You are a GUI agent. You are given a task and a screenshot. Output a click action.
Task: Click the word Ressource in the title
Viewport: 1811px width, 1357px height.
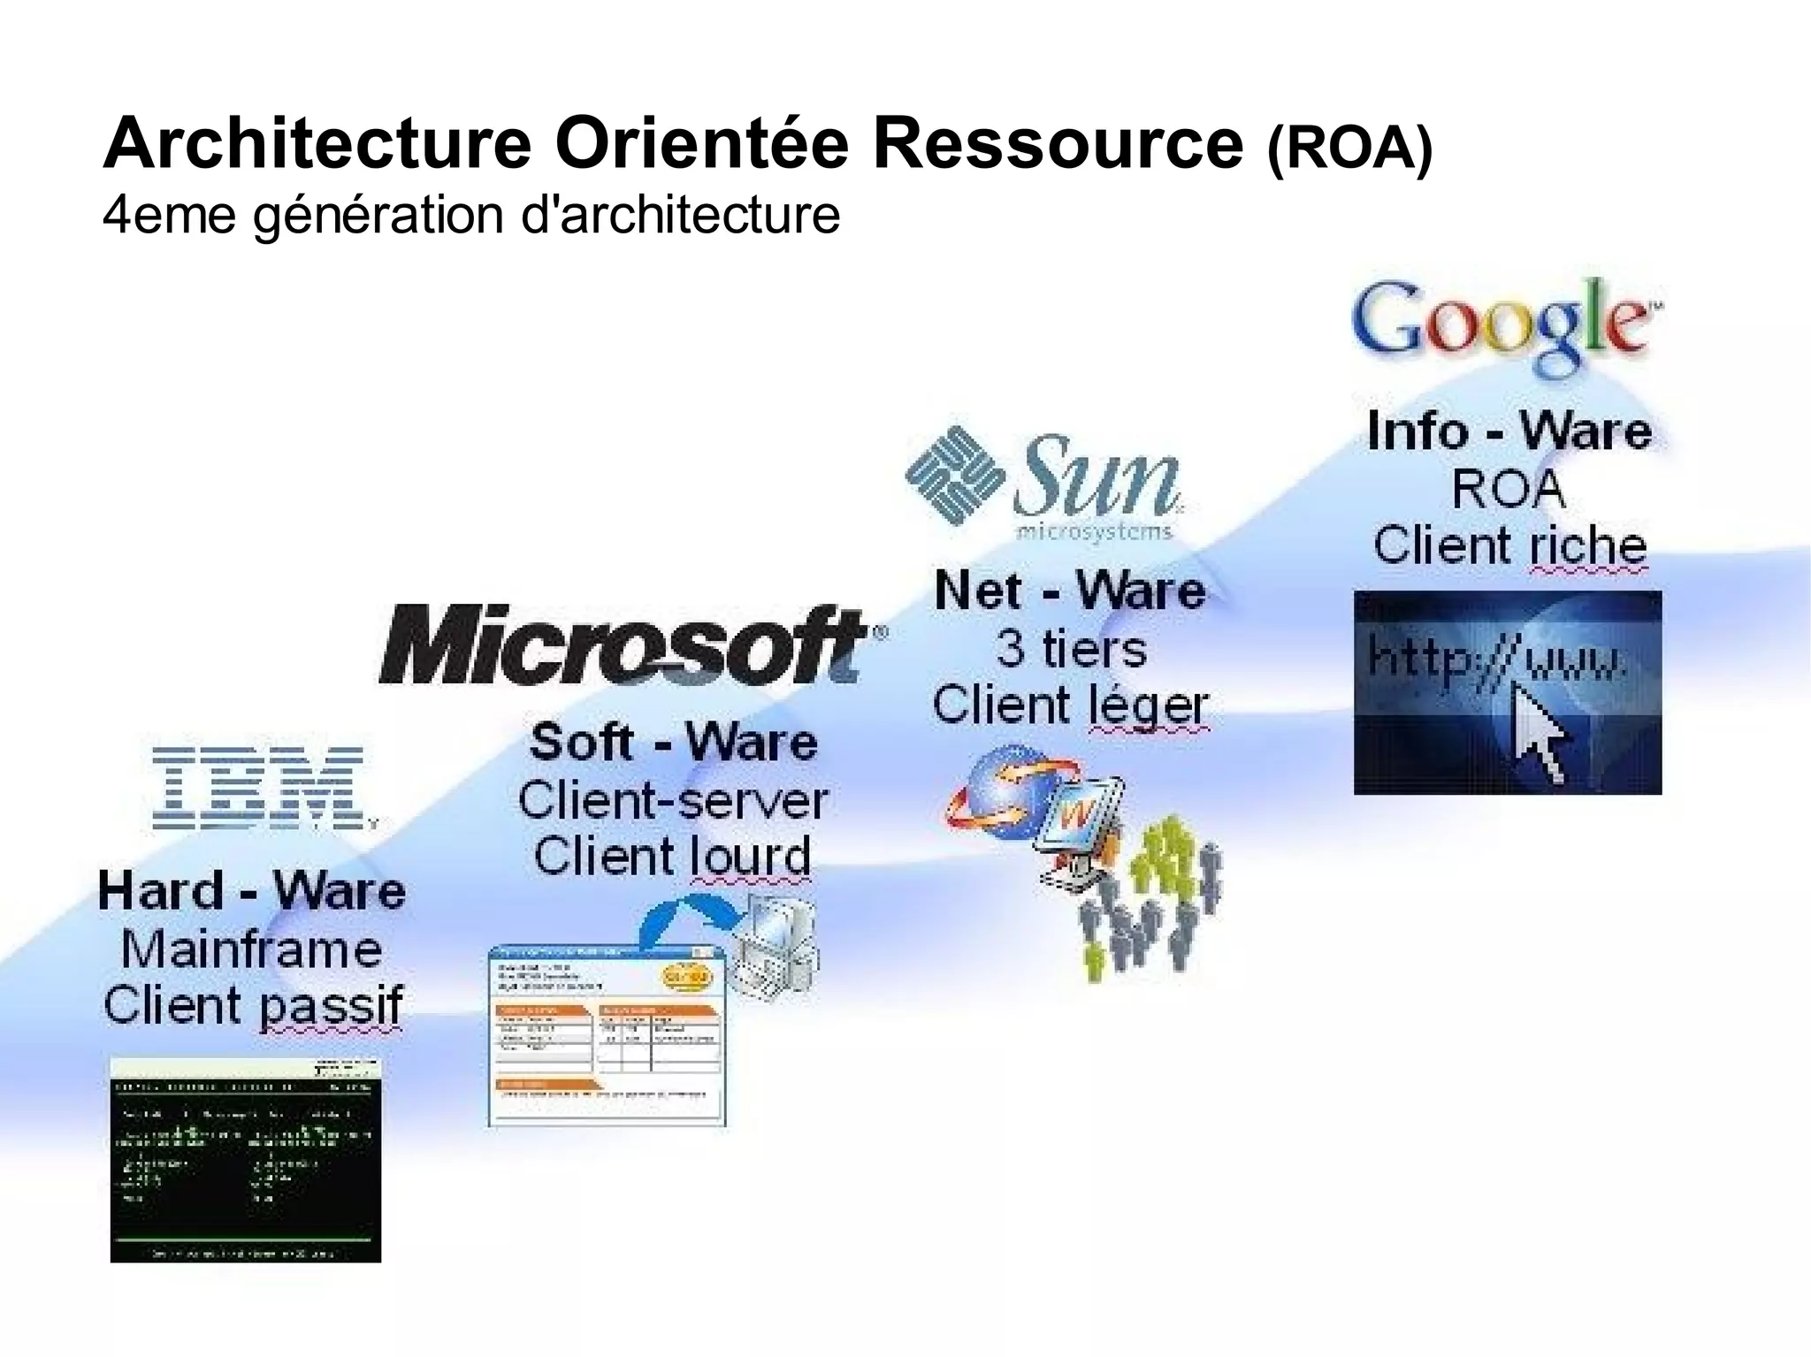[x=1058, y=144]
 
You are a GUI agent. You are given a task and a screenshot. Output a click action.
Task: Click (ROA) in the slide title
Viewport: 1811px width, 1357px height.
[x=1349, y=149]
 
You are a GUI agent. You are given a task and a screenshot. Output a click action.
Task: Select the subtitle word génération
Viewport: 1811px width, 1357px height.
[x=378, y=216]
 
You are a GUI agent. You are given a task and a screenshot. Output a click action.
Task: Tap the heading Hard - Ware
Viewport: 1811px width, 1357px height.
[x=252, y=890]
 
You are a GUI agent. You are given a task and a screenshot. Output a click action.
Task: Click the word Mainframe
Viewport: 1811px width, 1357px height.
[x=252, y=949]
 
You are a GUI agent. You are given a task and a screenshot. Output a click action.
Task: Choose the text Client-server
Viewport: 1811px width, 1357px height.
[x=673, y=801]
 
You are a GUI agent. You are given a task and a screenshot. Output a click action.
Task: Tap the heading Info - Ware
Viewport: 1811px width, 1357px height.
[x=1509, y=431]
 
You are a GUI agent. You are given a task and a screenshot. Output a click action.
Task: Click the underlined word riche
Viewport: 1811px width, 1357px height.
[x=1588, y=545]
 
